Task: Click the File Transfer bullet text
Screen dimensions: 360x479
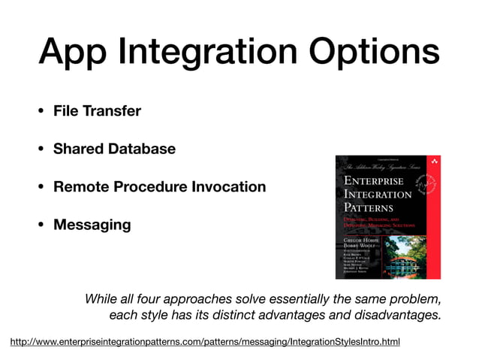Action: (97, 111)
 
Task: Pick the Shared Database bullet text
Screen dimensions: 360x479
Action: (114, 149)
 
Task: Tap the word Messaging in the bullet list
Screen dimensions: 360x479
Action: (92, 225)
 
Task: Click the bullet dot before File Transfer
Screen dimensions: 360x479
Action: (41, 112)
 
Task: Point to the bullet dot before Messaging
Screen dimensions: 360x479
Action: (41, 225)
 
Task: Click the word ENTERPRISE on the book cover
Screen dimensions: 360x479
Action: (373, 180)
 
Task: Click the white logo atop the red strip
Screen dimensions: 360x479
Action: (432, 162)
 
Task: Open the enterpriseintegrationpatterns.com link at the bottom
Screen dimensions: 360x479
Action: (204, 343)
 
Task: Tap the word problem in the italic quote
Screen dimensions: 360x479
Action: (416, 298)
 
